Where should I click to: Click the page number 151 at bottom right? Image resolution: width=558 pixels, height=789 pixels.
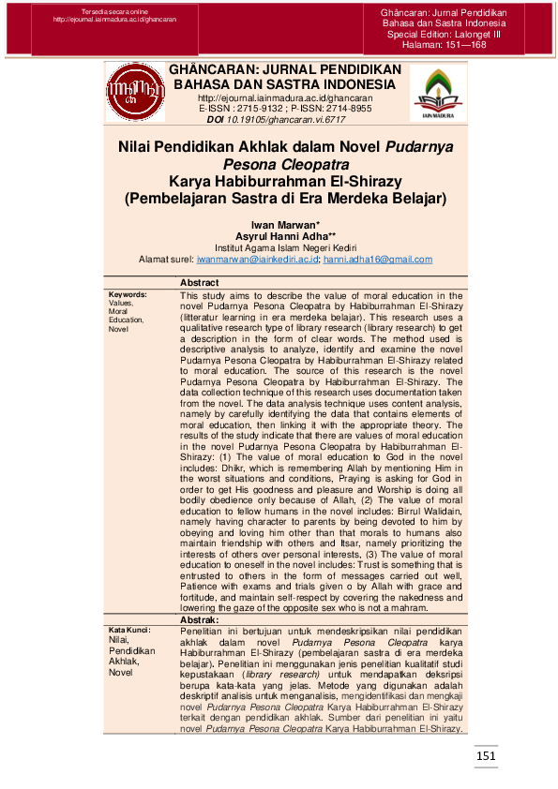485,756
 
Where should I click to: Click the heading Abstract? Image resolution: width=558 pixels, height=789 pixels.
199,283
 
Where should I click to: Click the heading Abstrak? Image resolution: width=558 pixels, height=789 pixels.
199,620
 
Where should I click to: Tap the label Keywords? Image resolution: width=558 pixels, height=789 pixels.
128,294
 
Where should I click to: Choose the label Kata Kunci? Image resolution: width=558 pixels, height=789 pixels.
129,630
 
